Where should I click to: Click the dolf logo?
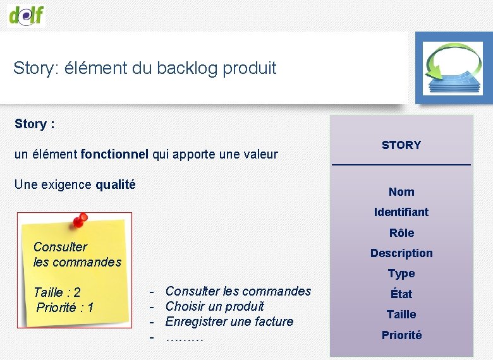coord(27,14)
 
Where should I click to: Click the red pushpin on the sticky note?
coord(79,221)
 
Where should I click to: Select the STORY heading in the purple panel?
coord(401,145)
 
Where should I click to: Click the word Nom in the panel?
coord(401,192)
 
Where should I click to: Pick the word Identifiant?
coord(401,212)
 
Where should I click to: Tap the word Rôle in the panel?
coord(401,233)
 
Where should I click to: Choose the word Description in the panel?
coord(401,253)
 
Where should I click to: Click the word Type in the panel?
coord(401,273)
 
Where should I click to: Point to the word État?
coord(401,294)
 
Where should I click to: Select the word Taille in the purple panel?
coord(401,315)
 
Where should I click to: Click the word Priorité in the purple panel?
coord(401,335)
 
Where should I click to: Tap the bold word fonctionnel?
coord(114,154)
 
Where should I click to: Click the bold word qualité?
coord(115,184)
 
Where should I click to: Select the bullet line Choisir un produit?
coord(214,306)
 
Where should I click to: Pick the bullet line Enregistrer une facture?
coord(229,321)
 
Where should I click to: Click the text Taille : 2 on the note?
coord(57,292)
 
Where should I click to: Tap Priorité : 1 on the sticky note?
coord(65,308)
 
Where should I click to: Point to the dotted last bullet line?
coord(184,337)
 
